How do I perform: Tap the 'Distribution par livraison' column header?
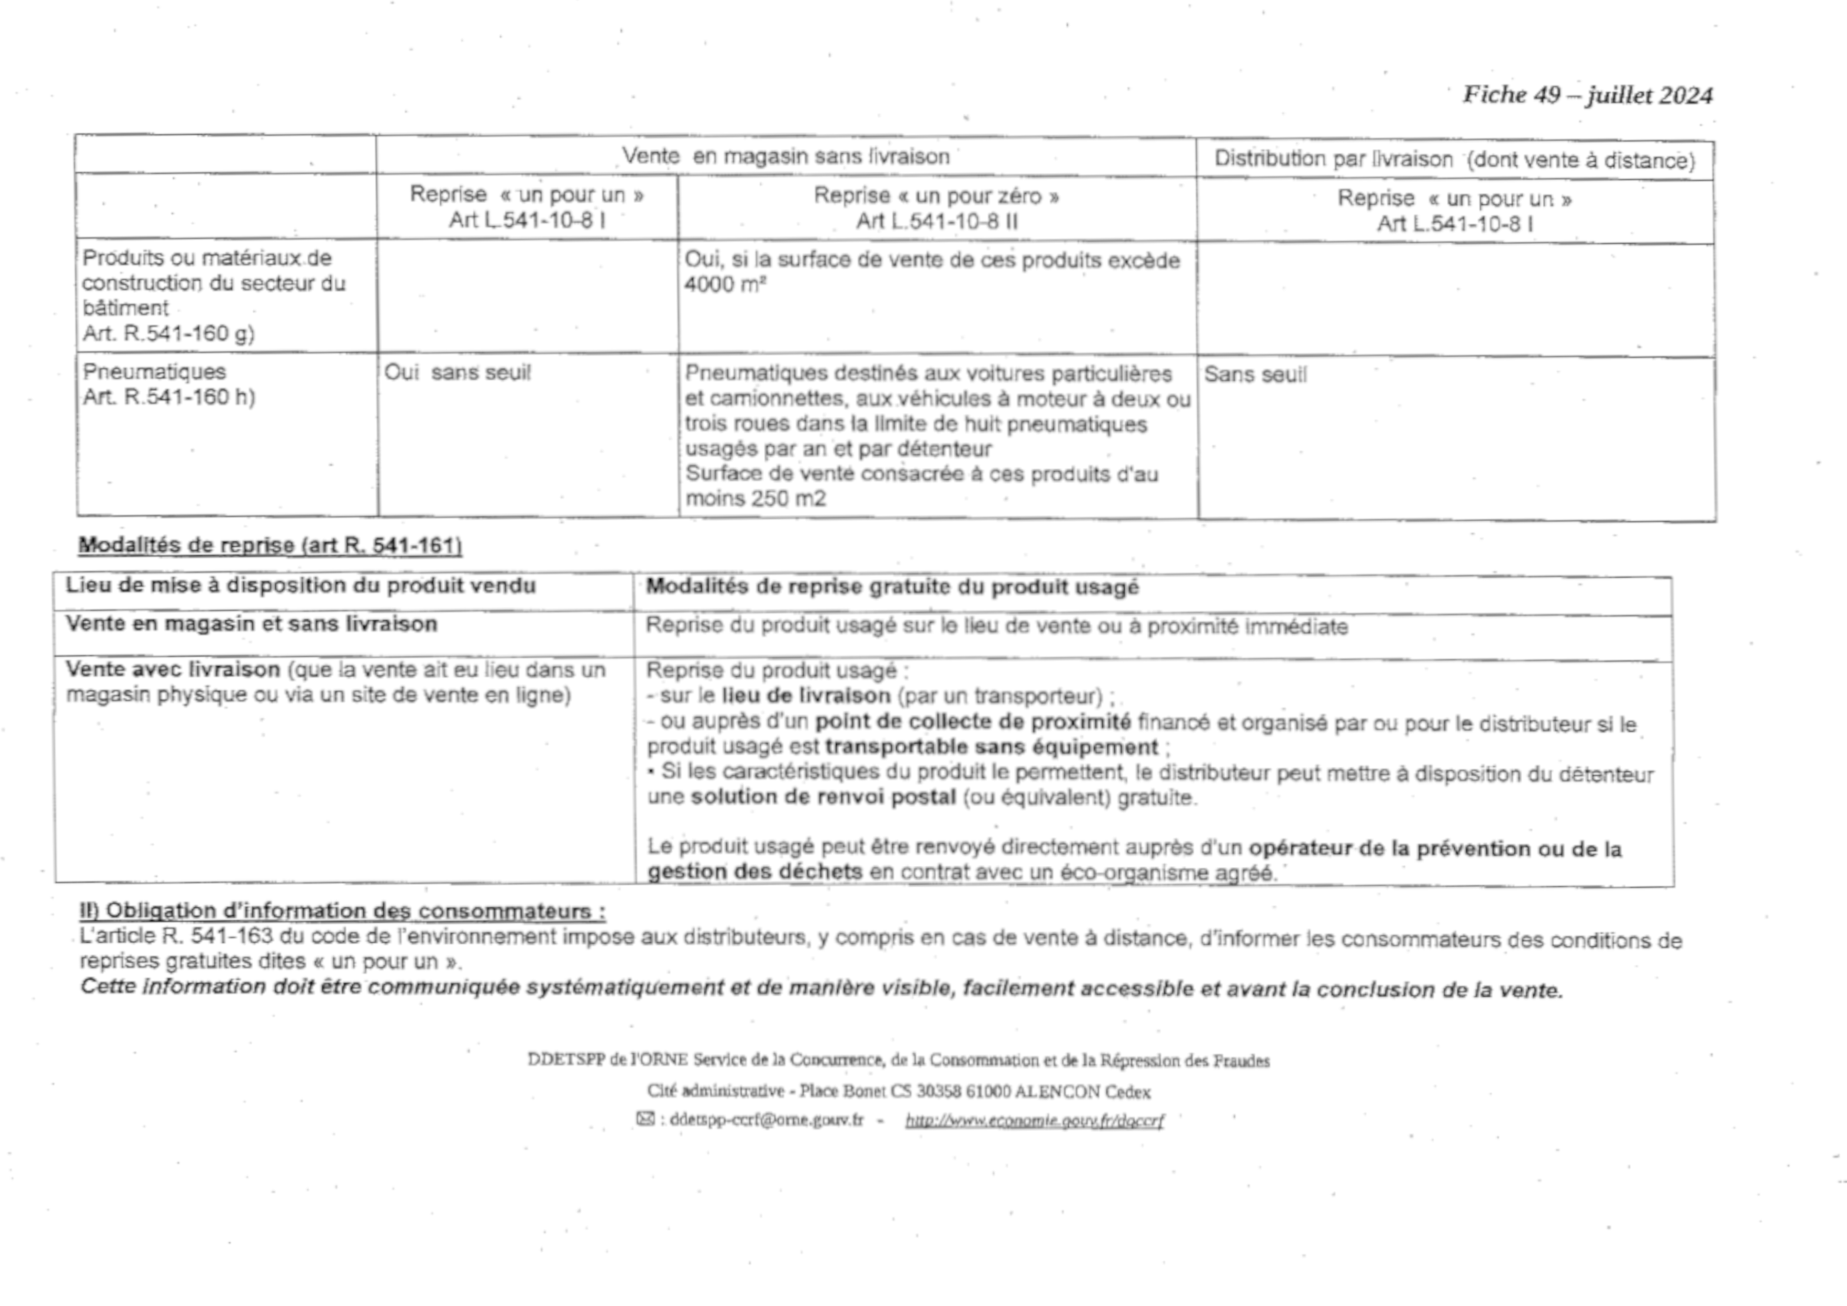click(1454, 160)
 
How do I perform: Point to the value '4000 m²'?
click(724, 285)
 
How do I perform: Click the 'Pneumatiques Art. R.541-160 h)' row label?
click(168, 384)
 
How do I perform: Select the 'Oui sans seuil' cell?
click(457, 372)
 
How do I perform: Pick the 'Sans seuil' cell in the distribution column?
click(1255, 375)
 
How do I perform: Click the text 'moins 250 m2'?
click(756, 499)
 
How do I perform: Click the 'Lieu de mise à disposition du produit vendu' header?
click(300, 586)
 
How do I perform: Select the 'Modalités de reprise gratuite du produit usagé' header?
click(892, 587)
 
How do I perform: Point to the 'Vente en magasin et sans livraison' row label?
click(251, 625)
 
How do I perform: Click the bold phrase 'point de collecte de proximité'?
click(972, 722)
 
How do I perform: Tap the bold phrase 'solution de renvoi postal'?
click(823, 797)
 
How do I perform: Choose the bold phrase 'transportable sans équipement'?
click(991, 748)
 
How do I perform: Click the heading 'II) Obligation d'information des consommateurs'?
click(342, 911)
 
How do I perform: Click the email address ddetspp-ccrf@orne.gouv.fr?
click(766, 1119)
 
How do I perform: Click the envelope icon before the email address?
click(645, 1119)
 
